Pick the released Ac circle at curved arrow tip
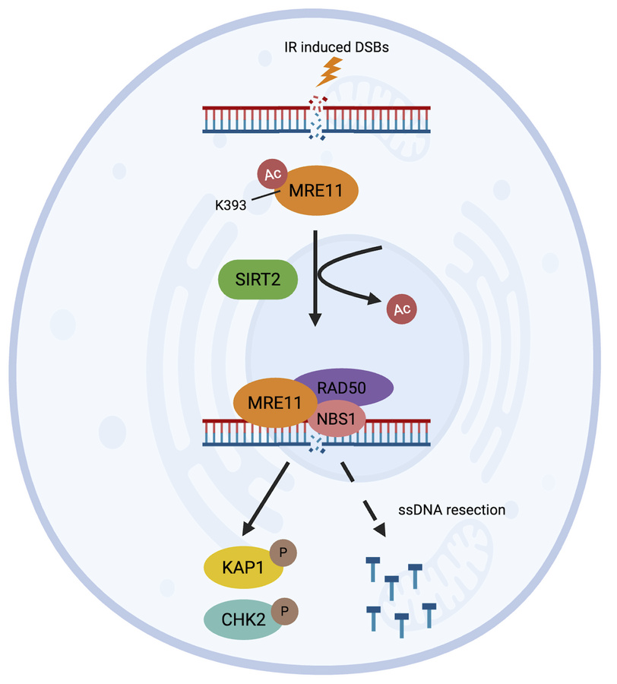point(401,309)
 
